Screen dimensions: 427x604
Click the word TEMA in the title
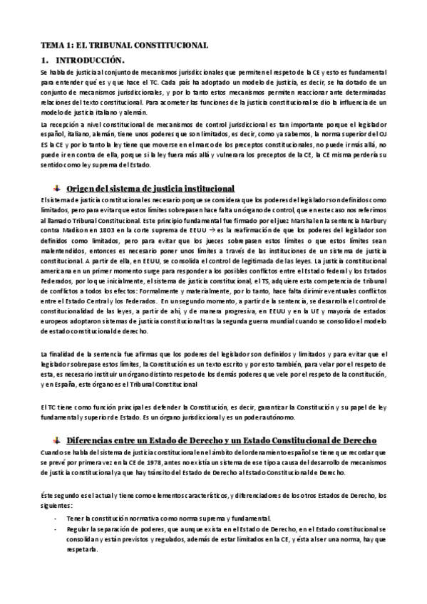[x=51, y=46]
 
